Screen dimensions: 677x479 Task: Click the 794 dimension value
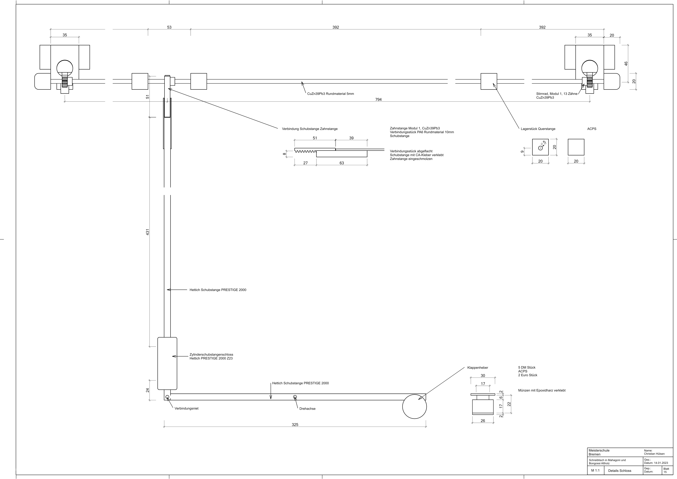tap(378, 100)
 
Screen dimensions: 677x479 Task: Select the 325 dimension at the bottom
tap(295, 425)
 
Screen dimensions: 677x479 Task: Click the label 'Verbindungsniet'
tap(187, 408)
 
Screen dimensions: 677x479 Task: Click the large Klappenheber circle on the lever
tap(415, 406)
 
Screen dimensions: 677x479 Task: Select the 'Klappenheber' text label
tap(478, 368)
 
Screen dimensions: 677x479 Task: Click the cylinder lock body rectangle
tap(167, 363)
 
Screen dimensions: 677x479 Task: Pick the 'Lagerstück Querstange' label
tap(538, 129)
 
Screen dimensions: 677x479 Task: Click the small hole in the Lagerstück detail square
tap(540, 148)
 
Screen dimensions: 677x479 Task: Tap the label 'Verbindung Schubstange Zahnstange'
tap(310, 129)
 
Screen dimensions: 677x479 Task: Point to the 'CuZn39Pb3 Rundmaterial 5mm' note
tap(330, 94)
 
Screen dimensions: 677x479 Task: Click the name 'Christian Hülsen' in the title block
tap(654, 454)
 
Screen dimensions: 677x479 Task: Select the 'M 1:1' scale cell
tap(595, 470)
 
